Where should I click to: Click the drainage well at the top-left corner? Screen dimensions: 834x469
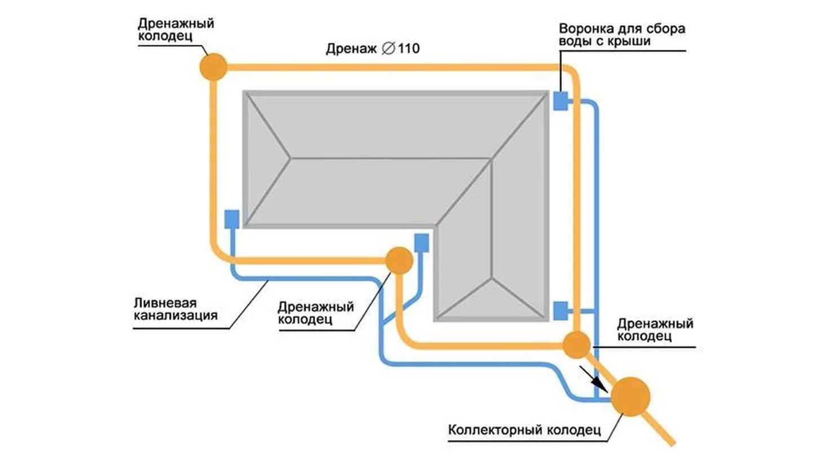point(213,67)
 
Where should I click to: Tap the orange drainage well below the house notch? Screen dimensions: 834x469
point(399,260)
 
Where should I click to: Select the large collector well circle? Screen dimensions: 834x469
point(630,396)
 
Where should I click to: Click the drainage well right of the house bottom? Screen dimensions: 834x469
point(576,345)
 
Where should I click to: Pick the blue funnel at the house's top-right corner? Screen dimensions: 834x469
point(561,101)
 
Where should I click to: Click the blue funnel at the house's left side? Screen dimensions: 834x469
point(232,219)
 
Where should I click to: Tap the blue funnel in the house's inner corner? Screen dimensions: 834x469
point(421,243)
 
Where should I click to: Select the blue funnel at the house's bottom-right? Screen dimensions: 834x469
point(561,311)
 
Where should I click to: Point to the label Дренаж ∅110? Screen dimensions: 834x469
point(373,48)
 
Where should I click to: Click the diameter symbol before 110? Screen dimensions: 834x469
point(389,48)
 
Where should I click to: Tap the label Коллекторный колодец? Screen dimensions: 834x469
point(524,430)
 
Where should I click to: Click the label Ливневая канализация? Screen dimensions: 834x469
point(175,309)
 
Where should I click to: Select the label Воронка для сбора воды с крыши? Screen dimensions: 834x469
point(622,34)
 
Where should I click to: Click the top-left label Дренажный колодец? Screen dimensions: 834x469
point(176,30)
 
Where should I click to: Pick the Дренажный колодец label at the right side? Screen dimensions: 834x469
point(655,329)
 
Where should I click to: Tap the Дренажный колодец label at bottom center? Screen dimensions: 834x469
point(316,313)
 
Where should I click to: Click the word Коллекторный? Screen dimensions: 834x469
point(495,430)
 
